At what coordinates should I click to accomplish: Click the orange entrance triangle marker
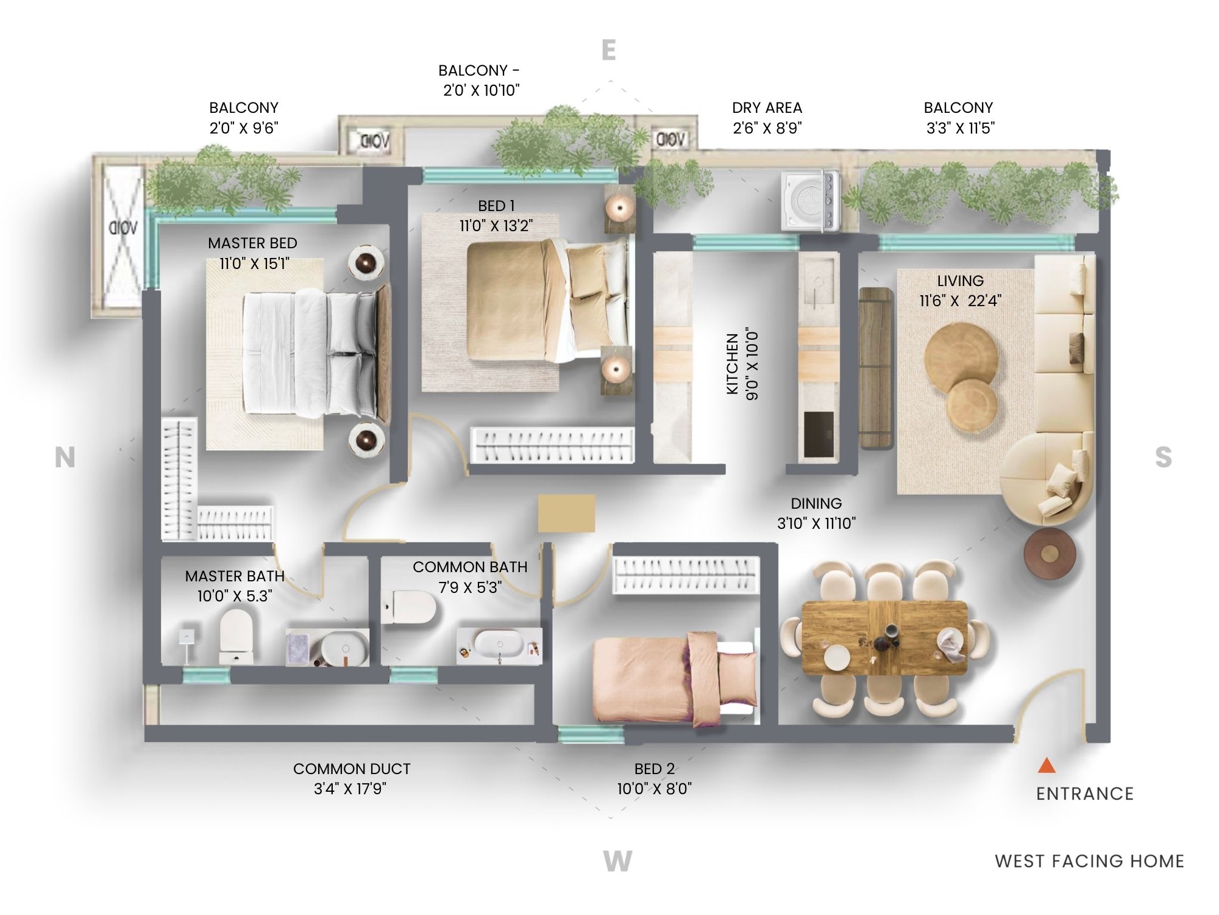pyautogui.click(x=1047, y=766)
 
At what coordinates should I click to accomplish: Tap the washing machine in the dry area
pyautogui.click(x=810, y=201)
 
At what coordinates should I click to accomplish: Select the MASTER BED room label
pyautogui.click(x=252, y=243)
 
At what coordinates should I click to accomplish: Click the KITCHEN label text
pyautogui.click(x=733, y=364)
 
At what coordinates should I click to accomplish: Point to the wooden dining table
pyautogui.click(x=884, y=638)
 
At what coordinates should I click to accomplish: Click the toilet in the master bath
pyautogui.click(x=236, y=637)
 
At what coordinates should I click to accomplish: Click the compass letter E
pyautogui.click(x=609, y=50)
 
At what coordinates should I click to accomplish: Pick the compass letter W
pyautogui.click(x=617, y=861)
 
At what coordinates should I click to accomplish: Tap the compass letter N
pyautogui.click(x=65, y=457)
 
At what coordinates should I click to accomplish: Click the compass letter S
pyautogui.click(x=1164, y=457)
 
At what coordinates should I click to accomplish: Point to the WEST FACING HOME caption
pyautogui.click(x=1090, y=861)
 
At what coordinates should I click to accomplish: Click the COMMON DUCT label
pyautogui.click(x=352, y=769)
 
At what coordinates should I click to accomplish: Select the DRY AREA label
pyautogui.click(x=767, y=108)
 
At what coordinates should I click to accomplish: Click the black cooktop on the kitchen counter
pyautogui.click(x=818, y=434)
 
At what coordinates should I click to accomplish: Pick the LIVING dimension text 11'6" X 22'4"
pyautogui.click(x=961, y=301)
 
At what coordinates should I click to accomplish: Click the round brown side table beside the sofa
pyautogui.click(x=1049, y=554)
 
